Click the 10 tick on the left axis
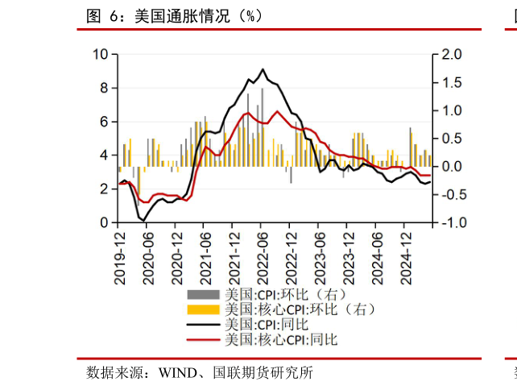101,54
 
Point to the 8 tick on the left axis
104,88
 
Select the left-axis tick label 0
104,222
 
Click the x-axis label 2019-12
120,256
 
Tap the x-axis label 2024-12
407,256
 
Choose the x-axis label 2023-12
349,256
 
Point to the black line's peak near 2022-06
263,69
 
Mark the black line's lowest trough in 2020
143,220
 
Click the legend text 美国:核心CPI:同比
281,339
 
